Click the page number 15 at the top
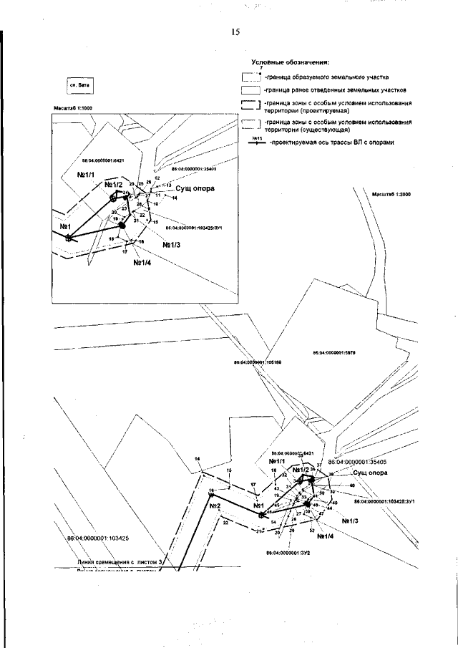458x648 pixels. [235, 32]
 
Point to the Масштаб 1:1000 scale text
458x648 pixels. [74, 108]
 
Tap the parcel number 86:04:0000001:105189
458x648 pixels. [258, 362]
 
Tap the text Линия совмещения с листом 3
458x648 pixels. [122, 564]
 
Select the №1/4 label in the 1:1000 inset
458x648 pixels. [142, 261]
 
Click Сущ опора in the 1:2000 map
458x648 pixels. [371, 473]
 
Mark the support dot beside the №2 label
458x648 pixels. [211, 493]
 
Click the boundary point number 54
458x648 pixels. [273, 523]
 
